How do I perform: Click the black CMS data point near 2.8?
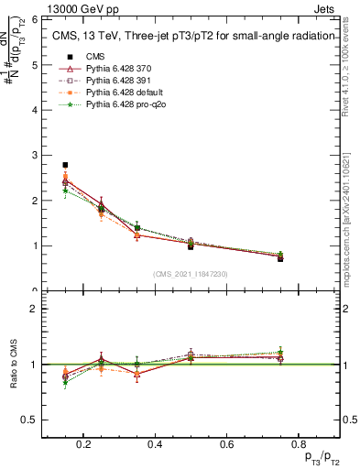[x=65, y=165]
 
